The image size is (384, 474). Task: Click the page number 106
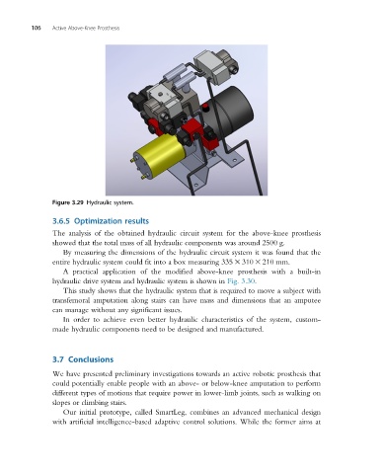click(36, 28)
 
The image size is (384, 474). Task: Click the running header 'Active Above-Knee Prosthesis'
click(86, 28)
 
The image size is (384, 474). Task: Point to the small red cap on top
click(206, 108)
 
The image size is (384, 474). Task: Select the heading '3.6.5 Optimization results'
click(101, 221)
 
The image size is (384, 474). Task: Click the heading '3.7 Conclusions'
click(83, 359)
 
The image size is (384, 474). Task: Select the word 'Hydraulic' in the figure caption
click(99, 202)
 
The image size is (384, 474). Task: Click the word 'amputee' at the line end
click(308, 301)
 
